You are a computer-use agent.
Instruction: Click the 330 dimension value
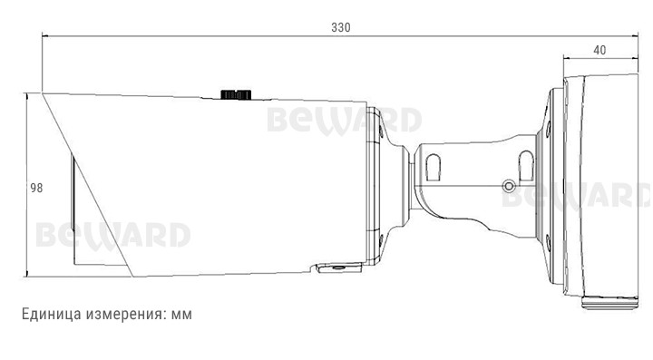[341, 27]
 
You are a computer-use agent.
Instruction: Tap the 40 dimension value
[599, 51]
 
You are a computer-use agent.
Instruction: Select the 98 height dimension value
[36, 188]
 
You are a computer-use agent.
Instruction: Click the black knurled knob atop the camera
[236, 94]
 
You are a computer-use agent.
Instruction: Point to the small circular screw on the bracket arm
[509, 186]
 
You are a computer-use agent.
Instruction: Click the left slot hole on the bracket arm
[434, 167]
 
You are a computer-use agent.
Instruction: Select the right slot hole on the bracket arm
[526, 165]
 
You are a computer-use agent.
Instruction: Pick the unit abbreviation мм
[181, 315]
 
